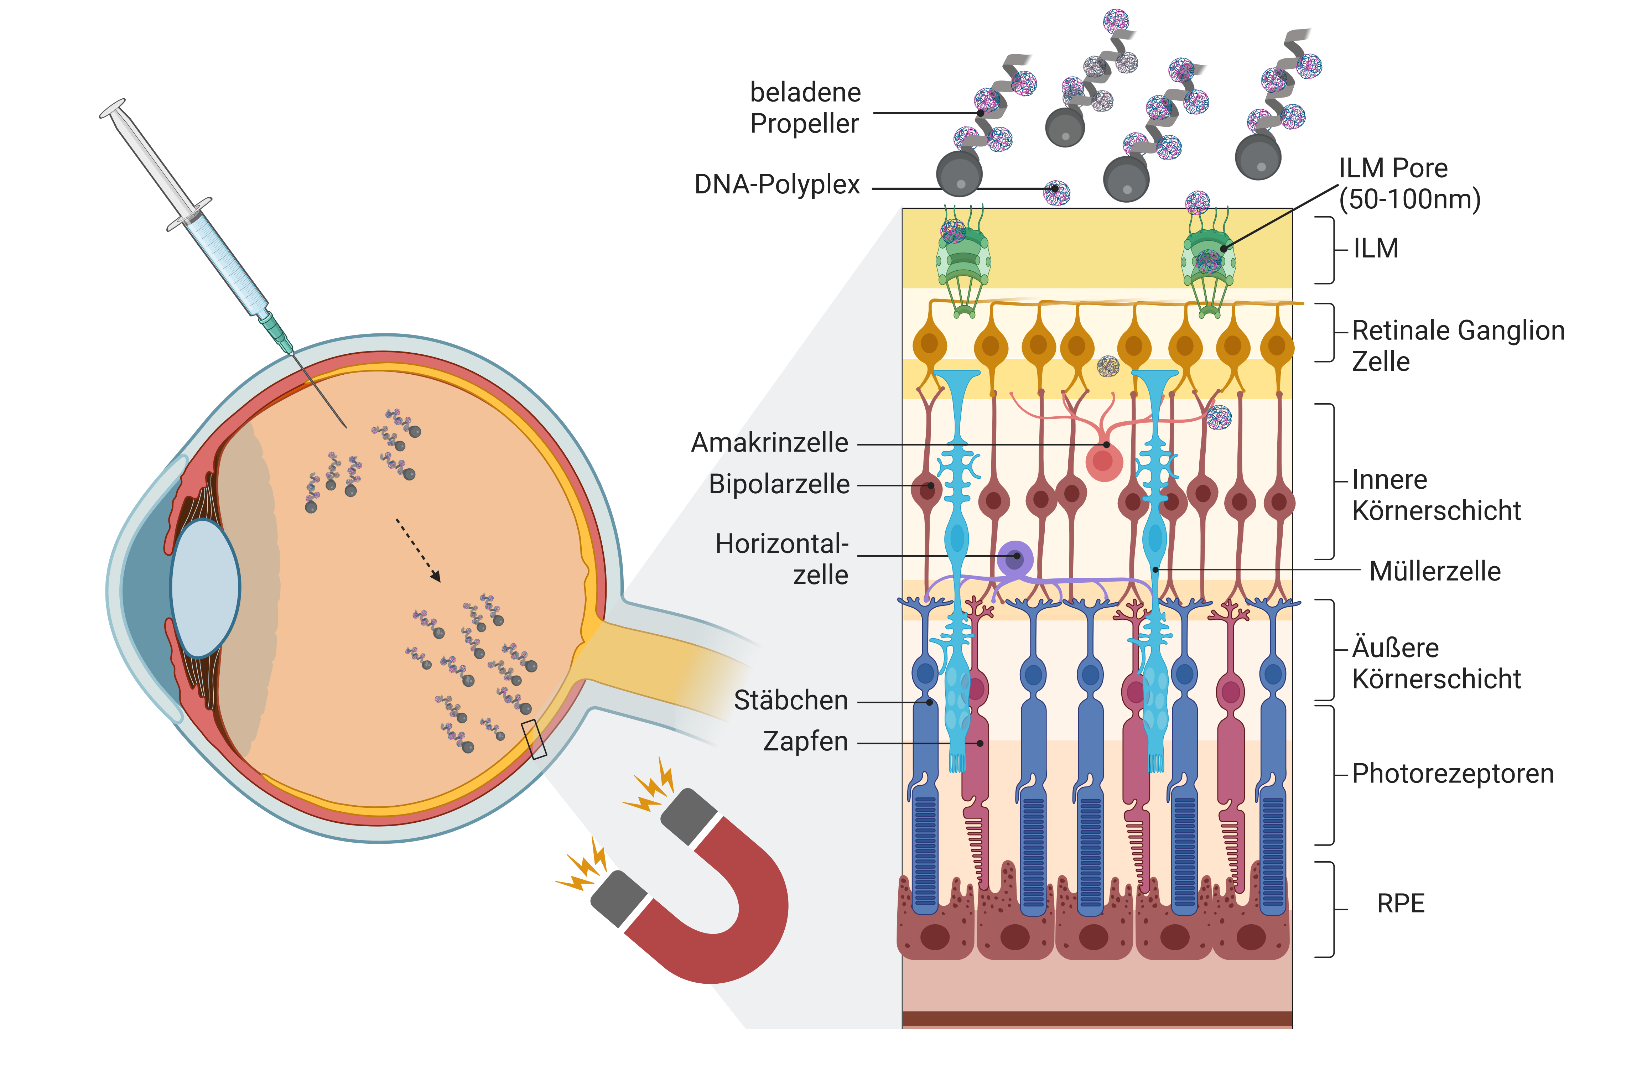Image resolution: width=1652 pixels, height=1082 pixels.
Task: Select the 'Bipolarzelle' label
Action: coord(779,484)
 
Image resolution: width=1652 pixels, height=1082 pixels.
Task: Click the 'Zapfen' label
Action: coord(805,741)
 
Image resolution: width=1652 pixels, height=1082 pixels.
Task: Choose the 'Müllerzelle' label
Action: coord(1435,571)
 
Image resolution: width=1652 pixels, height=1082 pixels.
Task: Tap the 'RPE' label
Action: coord(1401,904)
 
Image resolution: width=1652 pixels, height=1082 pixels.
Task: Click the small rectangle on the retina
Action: coord(534,739)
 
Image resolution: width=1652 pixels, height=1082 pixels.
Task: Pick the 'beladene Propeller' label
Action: coord(805,108)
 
